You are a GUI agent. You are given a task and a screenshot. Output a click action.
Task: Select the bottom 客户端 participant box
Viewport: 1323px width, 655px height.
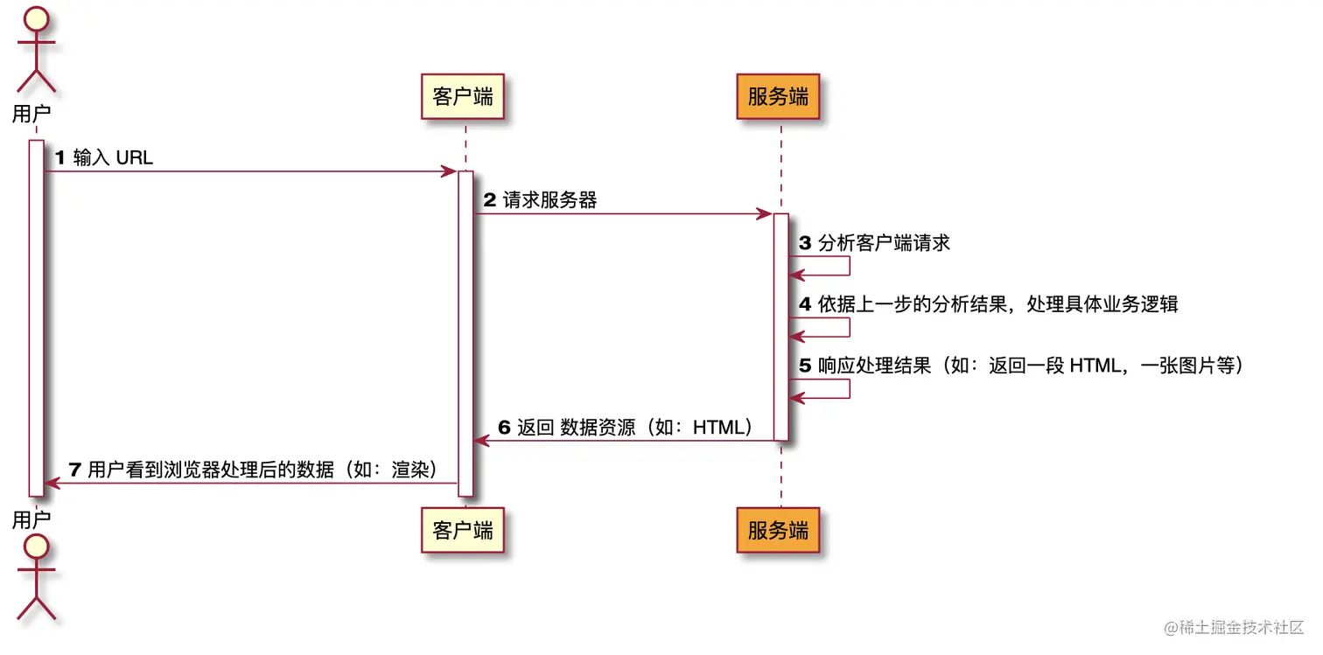pos(463,529)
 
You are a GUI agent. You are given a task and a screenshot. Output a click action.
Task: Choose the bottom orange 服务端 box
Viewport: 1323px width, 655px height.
pos(778,529)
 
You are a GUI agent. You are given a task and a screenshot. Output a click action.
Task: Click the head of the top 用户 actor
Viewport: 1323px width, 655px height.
pos(36,17)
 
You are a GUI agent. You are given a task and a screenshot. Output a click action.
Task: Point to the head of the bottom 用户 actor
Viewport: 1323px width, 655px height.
pos(36,547)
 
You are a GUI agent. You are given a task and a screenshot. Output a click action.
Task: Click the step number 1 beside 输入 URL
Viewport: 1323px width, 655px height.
pos(60,158)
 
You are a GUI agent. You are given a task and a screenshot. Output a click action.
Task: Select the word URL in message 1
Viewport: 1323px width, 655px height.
pos(134,158)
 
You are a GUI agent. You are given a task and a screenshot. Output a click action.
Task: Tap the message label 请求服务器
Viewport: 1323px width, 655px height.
pos(549,200)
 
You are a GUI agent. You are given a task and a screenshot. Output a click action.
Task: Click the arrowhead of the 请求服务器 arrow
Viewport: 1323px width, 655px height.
pos(764,213)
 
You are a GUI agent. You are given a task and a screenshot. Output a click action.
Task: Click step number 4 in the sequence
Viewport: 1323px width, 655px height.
pos(805,304)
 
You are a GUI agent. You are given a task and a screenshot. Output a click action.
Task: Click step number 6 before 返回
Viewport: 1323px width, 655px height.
pos(504,428)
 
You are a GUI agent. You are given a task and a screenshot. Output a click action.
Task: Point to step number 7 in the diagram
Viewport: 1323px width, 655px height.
pos(75,470)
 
